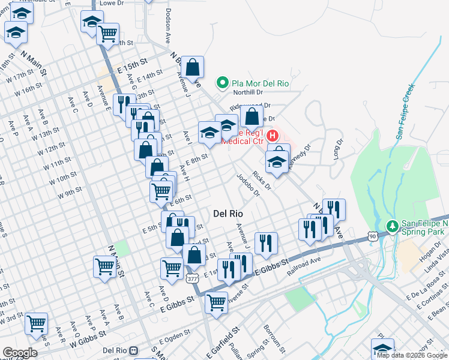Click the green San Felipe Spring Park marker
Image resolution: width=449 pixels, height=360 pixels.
point(392,226)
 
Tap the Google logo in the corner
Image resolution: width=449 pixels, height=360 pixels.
point(20,353)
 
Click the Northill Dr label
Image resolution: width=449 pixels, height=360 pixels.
point(249,92)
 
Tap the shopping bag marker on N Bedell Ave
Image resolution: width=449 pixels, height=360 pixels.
point(193,68)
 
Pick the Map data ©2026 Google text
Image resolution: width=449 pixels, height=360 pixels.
point(412,355)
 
